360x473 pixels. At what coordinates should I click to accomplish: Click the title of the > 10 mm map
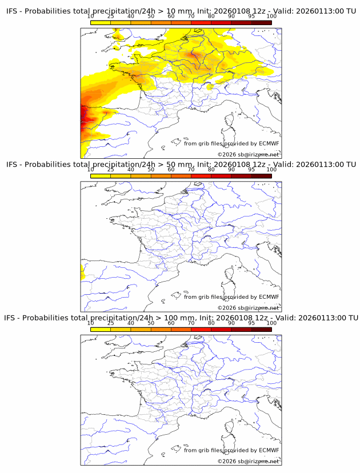[x=181, y=11]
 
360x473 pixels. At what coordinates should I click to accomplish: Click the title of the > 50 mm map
[x=181, y=165]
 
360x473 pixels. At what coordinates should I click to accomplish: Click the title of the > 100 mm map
[x=181, y=318]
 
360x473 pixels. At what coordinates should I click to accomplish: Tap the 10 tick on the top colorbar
[x=91, y=17]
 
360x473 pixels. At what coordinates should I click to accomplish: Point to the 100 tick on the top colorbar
[x=271, y=17]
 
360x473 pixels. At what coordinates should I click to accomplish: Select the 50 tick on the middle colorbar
[x=151, y=170]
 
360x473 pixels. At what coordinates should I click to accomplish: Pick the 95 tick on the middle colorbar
[x=251, y=170]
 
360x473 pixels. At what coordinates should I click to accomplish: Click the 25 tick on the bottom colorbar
[x=111, y=323]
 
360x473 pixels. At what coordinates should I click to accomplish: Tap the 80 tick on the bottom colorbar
[x=211, y=323]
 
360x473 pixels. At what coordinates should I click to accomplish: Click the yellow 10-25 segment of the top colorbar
[x=101, y=22]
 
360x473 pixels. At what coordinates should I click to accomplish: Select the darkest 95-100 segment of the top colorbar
[x=261, y=22]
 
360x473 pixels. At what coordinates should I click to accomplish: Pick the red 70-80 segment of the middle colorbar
[x=201, y=175]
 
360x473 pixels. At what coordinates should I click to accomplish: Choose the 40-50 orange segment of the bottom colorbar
[x=141, y=328]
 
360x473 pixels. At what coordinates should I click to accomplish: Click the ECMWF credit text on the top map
[x=231, y=143]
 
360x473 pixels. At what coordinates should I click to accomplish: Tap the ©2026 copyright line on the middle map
[x=248, y=308]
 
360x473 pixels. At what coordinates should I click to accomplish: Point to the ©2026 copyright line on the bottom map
[x=248, y=461]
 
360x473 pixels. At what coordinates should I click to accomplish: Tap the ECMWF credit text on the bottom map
[x=231, y=450]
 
